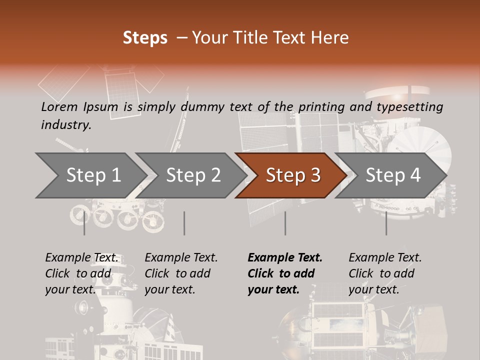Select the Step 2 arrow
193,175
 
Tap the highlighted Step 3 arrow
292,175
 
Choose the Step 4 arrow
392,175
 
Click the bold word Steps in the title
145,38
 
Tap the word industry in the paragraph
65,124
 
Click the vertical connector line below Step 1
84,223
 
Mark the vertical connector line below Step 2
184,223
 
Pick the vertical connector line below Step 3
285,223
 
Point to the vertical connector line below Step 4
386,223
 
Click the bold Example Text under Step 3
285,258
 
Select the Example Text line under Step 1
81,258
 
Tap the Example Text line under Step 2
181,258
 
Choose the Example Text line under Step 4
385,258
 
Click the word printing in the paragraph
321,106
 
